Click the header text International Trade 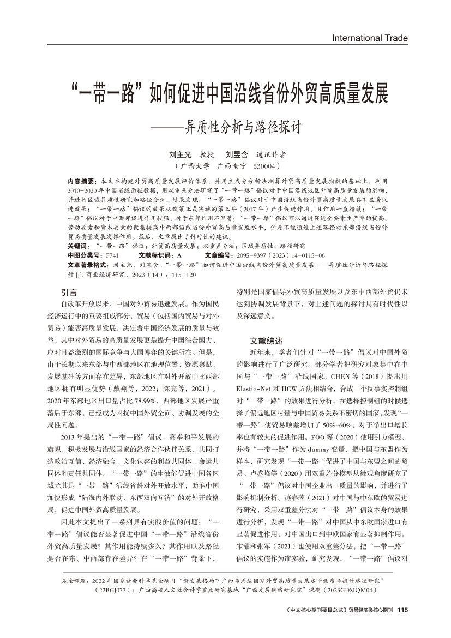pyautogui.click(x=370, y=38)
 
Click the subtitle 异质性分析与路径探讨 pyautogui.click(x=243, y=127)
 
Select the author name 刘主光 pyautogui.click(x=180, y=154)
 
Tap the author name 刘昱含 pyautogui.click(x=237, y=154)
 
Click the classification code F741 pyautogui.click(x=111, y=240)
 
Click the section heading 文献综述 pyautogui.click(x=266, y=340)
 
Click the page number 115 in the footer pyautogui.click(x=403, y=610)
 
